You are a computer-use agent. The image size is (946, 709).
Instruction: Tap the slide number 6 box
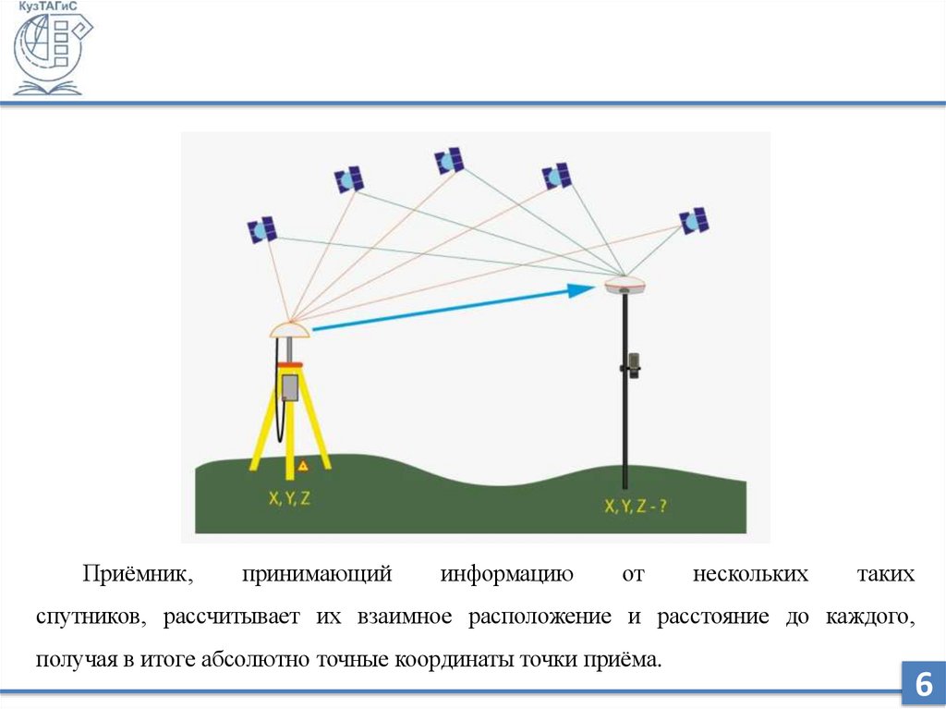[x=922, y=685]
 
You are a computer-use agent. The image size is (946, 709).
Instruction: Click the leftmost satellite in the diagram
[x=262, y=229]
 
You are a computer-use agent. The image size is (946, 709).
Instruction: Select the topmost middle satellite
[x=449, y=161]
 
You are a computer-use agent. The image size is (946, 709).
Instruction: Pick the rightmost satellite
[x=694, y=220]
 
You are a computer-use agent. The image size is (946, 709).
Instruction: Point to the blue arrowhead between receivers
[x=580, y=290]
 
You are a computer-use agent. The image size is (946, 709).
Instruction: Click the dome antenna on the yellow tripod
[x=289, y=328]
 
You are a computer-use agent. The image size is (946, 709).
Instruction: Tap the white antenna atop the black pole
[x=625, y=284]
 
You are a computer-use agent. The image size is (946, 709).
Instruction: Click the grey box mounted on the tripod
[x=290, y=386]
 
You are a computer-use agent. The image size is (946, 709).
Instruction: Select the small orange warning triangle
[x=302, y=465]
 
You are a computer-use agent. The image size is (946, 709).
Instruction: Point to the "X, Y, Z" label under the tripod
[x=289, y=498]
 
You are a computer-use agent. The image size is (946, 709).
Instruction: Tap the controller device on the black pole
[x=633, y=363]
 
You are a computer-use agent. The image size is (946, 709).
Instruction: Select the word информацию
[x=507, y=575]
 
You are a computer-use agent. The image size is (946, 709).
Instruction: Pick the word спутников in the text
[x=89, y=617]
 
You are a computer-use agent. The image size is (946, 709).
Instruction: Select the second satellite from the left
[x=349, y=178]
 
